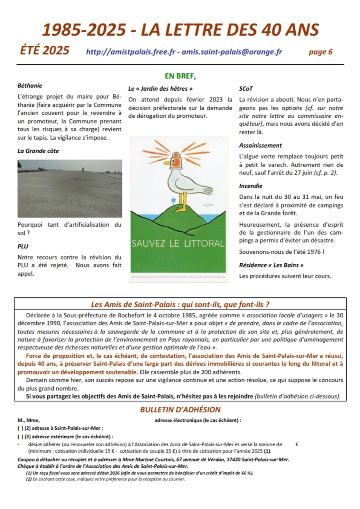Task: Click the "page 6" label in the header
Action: (320, 52)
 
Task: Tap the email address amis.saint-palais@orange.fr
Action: (232, 52)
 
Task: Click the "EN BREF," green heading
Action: (180, 76)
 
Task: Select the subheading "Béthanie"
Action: (30, 86)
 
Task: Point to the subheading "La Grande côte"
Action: (38, 151)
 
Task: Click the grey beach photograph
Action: (70, 188)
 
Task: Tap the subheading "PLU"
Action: (23, 247)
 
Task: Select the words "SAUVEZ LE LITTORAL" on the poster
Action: (178, 243)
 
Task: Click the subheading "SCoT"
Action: (246, 89)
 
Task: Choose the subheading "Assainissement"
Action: (260, 146)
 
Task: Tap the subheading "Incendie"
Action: (251, 186)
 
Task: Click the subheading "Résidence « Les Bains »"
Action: (271, 265)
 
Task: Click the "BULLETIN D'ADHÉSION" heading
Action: (180, 410)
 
